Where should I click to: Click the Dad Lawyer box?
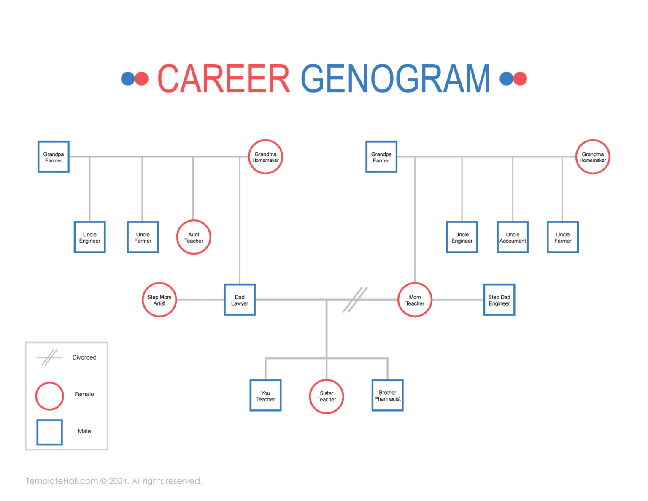pyautogui.click(x=240, y=300)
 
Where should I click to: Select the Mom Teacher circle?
pyautogui.click(x=415, y=300)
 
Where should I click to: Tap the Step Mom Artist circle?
pyautogui.click(x=159, y=300)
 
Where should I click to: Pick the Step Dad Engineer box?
pyautogui.click(x=499, y=300)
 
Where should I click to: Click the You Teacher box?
pyautogui.click(x=265, y=395)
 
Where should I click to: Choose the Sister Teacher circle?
pyautogui.click(x=327, y=396)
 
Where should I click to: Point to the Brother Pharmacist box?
pyautogui.click(x=387, y=395)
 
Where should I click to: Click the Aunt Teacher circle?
pyautogui.click(x=194, y=238)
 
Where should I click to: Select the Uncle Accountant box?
pyautogui.click(x=513, y=238)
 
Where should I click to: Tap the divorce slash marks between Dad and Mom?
pyautogui.click(x=355, y=300)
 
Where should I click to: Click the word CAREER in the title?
pyautogui.click(x=224, y=79)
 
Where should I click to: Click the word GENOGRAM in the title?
pyautogui.click(x=395, y=79)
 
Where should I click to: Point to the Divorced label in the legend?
pyautogui.click(x=84, y=357)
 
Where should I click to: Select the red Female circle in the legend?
pyautogui.click(x=49, y=396)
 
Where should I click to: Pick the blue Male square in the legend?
pyautogui.click(x=49, y=432)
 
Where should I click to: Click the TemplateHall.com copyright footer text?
pyautogui.click(x=114, y=481)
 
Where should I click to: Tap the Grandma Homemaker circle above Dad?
pyautogui.click(x=265, y=157)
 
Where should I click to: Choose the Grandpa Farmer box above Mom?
pyautogui.click(x=381, y=157)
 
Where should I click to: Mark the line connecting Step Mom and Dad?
pyautogui.click(x=200, y=300)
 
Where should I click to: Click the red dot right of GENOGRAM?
pyautogui.click(x=520, y=79)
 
